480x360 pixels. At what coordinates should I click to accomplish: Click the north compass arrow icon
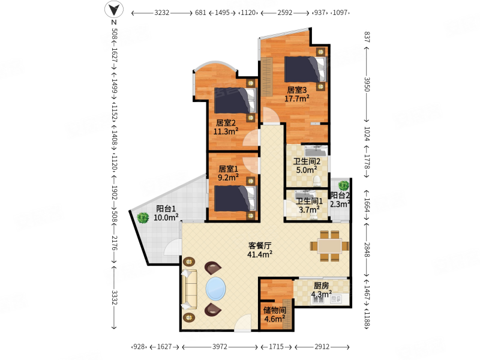[114, 9]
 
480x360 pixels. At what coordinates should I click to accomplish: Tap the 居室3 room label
[296, 90]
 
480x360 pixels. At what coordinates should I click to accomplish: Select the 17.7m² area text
[296, 98]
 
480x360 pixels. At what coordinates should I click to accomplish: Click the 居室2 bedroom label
[226, 123]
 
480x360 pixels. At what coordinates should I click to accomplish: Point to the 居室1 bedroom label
[229, 169]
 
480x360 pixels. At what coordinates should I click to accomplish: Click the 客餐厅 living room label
[260, 245]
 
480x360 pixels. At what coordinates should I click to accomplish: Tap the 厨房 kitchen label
[321, 286]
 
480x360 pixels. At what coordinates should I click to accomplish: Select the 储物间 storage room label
[275, 310]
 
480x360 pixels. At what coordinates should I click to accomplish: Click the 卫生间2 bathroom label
[307, 161]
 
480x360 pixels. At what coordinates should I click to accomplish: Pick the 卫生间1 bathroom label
[309, 201]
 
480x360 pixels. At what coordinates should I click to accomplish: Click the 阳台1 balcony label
[166, 209]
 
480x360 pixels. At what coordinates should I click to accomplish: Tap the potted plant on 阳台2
[343, 185]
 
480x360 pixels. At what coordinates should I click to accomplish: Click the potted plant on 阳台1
[143, 218]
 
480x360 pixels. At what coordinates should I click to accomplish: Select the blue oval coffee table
[216, 289]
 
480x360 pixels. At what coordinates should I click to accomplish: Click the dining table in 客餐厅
[329, 246]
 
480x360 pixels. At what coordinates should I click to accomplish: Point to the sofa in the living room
[189, 289]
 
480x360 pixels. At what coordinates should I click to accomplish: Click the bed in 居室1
[235, 199]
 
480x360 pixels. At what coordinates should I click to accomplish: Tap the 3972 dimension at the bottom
[220, 347]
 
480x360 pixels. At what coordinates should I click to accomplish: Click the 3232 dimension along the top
[161, 13]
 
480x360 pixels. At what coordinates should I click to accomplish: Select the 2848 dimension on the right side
[367, 250]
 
